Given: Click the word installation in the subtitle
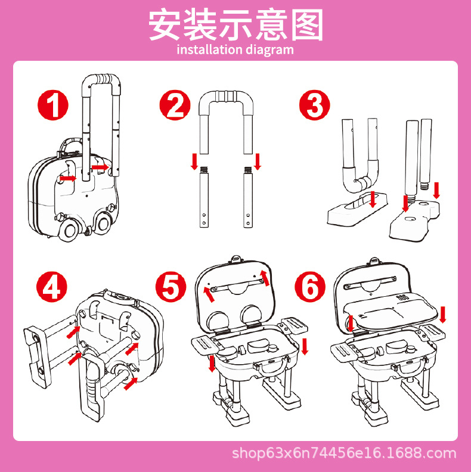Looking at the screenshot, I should click(210, 49).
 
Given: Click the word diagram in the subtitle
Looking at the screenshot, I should click(269, 50).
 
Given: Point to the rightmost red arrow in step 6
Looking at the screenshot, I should click(442, 314).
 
